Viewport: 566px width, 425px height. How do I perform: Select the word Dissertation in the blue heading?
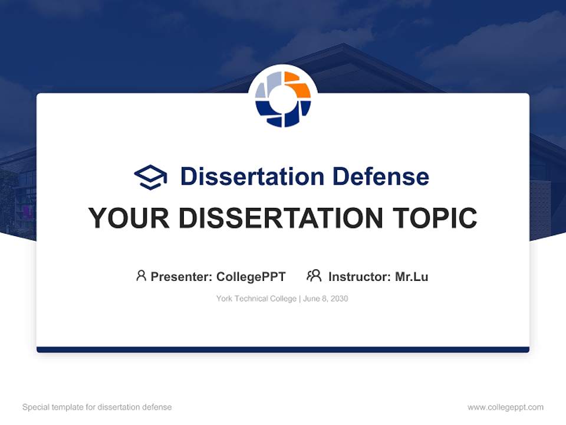click(x=252, y=176)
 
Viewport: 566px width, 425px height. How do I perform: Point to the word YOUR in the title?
click(x=129, y=218)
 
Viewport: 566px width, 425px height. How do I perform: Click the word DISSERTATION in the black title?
click(x=281, y=218)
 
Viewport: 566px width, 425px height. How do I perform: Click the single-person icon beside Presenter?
click(x=141, y=276)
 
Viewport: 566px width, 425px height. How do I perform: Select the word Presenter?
click(x=182, y=276)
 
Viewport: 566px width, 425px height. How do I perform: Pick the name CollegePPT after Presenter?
click(x=251, y=276)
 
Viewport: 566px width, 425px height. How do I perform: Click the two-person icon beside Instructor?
click(x=314, y=276)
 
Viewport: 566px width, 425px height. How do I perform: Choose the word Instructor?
click(x=360, y=276)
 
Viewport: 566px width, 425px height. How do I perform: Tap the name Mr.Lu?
click(x=412, y=276)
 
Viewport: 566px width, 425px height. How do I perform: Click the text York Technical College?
click(x=256, y=299)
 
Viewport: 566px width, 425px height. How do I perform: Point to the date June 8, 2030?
click(x=325, y=299)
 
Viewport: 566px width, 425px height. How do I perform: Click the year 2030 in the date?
click(x=339, y=299)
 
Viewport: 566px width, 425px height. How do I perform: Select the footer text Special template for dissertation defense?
click(x=97, y=407)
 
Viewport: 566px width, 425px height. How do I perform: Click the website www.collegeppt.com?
click(x=505, y=407)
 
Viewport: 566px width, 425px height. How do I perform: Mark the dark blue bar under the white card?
click(x=283, y=349)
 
